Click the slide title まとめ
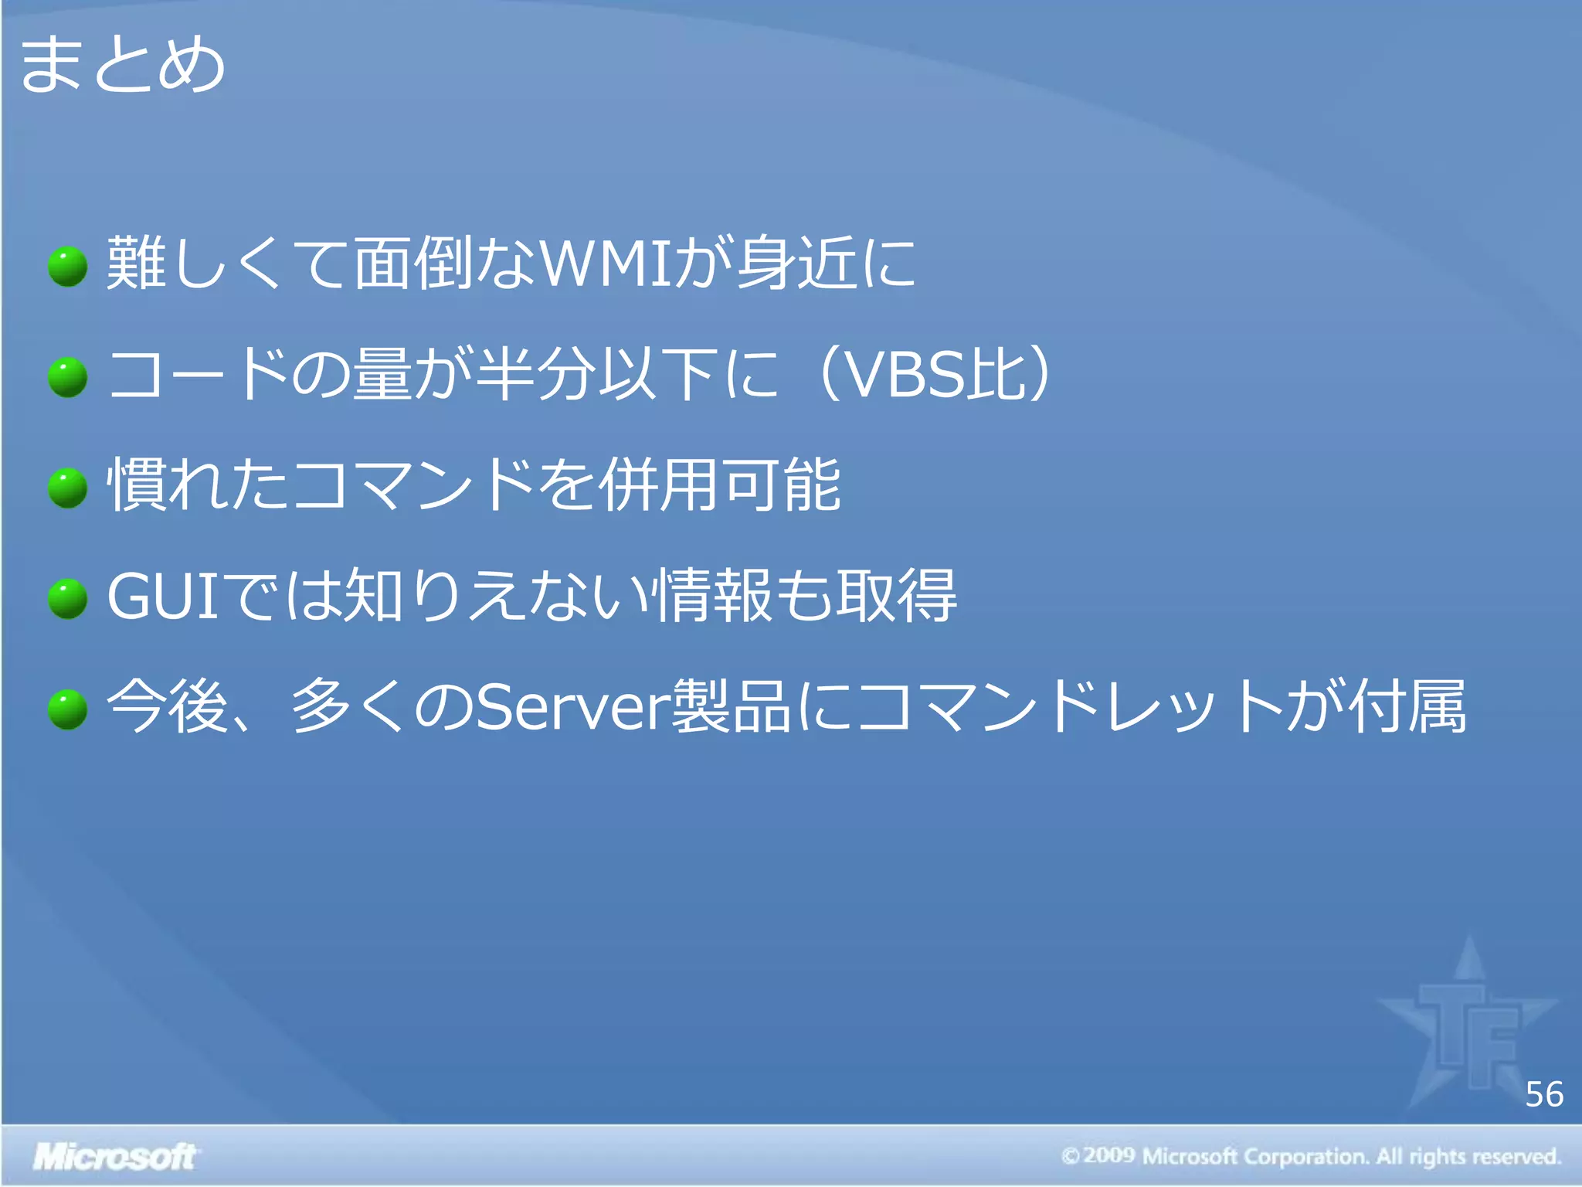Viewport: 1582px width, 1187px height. click(122, 65)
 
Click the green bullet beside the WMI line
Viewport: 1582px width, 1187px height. click(68, 267)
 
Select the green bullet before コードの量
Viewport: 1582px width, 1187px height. click(68, 377)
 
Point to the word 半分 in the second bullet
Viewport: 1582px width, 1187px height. click(536, 375)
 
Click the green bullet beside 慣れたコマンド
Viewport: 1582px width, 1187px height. click(68, 488)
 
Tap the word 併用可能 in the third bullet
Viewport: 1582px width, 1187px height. click(720, 485)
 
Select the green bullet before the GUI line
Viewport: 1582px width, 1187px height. click(68, 599)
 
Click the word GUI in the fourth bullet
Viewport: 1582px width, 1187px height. click(164, 597)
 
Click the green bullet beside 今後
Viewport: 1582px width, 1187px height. click(68, 709)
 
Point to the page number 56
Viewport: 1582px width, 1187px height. click(1543, 1095)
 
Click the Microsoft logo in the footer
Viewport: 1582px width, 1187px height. click(114, 1157)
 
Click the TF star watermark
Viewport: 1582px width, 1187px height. click(1468, 1028)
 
